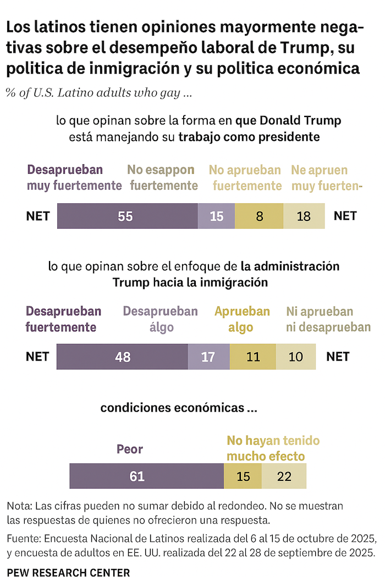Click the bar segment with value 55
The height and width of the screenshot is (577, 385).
[127, 216]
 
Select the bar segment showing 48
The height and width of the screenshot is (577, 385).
[122, 357]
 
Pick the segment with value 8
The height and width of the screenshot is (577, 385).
[259, 216]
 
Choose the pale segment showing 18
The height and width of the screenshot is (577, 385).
[304, 216]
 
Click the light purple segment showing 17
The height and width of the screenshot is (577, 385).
[208, 357]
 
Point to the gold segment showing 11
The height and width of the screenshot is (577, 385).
[252, 357]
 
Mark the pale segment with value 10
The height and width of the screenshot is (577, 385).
[296, 357]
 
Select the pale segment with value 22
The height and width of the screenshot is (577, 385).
[284, 476]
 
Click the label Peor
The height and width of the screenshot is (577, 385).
[130, 450]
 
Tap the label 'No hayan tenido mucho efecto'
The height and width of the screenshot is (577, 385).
[273, 448]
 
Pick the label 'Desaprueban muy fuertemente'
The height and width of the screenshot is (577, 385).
[74, 178]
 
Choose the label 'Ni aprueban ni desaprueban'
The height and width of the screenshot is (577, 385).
[328, 320]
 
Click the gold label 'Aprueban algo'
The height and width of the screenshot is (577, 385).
[242, 320]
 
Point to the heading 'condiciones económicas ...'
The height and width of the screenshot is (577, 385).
[179, 408]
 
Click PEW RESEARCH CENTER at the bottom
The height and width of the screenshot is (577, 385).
[69, 573]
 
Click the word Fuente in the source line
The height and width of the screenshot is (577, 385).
[24, 538]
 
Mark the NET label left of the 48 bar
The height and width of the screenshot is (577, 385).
[37, 357]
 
